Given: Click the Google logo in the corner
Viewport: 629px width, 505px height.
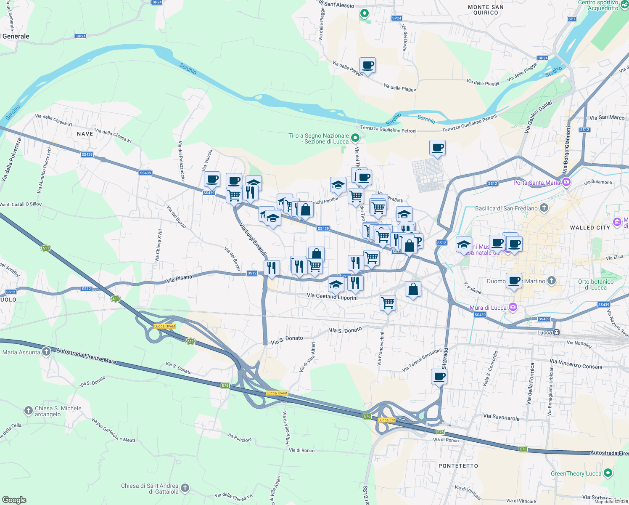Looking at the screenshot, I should click(x=14, y=500).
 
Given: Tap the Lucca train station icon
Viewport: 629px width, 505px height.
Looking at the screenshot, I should click(x=556, y=332).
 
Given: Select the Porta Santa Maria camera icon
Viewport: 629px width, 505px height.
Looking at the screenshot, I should click(x=566, y=182).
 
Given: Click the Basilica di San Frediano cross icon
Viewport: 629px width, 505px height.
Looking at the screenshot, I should click(x=544, y=208).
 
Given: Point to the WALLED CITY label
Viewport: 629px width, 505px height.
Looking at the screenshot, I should click(x=589, y=228).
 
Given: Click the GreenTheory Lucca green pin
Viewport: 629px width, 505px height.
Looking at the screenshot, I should click(x=608, y=473).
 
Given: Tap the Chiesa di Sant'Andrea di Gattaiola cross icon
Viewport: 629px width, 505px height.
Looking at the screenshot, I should click(x=185, y=488).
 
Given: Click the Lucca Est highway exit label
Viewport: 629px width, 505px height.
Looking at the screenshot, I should click(x=386, y=420).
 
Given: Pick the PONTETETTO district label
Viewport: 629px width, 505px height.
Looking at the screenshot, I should click(x=458, y=466).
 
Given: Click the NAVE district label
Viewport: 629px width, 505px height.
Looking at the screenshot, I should click(x=85, y=134).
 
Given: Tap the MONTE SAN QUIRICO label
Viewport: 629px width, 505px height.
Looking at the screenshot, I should click(x=485, y=10).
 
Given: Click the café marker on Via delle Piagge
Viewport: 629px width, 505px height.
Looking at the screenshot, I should click(x=367, y=66).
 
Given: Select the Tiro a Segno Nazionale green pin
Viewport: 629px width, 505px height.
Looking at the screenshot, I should click(x=355, y=138).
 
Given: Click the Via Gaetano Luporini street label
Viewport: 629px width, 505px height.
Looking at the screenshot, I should click(x=332, y=296).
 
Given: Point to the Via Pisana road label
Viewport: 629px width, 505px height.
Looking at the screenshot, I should click(x=179, y=279).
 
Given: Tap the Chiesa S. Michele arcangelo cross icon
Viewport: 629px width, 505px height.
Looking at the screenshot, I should click(x=28, y=410).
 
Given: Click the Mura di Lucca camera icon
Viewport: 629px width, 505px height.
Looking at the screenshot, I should click(x=513, y=307).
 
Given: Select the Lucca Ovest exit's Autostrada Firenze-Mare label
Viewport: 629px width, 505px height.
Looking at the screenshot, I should click(x=86, y=356).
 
